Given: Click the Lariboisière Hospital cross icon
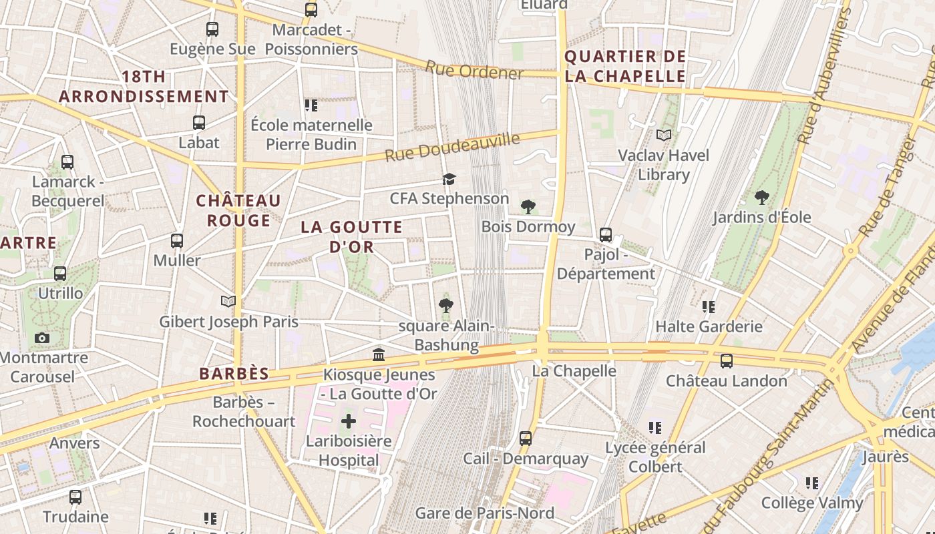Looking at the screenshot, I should pos(349,421).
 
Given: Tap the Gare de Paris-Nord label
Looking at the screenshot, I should pos(484,513).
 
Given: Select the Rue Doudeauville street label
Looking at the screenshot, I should pos(452,147).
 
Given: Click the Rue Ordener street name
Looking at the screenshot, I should pos(474,69).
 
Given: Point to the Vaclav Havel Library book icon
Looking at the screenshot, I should pos(663,136).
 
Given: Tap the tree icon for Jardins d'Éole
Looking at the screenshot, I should pos(761,198).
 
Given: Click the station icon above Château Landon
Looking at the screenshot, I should pos(727,361).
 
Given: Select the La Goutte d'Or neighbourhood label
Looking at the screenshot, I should pos(351,236).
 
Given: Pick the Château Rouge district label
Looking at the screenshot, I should pos(238,210).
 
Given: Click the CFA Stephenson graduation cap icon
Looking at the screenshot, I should pos(449,179).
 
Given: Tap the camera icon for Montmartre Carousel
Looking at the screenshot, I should pos(42,338).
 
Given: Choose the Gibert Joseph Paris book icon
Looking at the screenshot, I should pos(228,302).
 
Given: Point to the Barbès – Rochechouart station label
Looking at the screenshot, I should pos(244,412).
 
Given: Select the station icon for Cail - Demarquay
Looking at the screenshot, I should pos(526,439).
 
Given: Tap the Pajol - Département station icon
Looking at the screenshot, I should pos(606,235).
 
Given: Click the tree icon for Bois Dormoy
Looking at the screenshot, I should pos(528,207).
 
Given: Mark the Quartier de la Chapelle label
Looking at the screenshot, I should pos(625,66).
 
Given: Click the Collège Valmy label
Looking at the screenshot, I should pos(812,503).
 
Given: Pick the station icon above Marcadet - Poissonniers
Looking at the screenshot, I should pos(311,10).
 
